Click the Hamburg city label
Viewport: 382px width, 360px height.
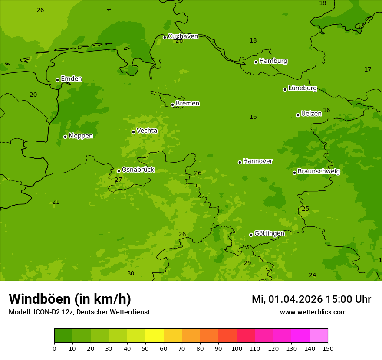point(273,61)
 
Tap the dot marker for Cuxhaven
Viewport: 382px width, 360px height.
point(165,37)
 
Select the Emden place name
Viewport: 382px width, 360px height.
point(71,79)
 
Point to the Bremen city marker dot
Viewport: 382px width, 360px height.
point(172,105)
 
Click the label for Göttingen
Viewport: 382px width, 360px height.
point(269,234)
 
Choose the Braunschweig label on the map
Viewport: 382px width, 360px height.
point(319,172)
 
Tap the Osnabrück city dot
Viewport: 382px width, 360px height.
point(119,171)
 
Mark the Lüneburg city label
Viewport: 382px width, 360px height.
point(302,88)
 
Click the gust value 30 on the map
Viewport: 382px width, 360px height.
point(131,274)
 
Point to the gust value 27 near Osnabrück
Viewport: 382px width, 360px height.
point(118,180)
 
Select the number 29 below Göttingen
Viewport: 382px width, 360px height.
point(247,263)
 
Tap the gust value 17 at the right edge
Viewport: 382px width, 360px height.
point(368,70)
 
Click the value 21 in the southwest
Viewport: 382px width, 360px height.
point(56,202)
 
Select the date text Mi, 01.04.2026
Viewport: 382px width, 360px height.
point(286,299)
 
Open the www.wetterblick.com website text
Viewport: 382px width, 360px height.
point(313,312)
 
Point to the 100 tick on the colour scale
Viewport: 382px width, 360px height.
point(237,348)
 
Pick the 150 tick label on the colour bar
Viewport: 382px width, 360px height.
point(328,348)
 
